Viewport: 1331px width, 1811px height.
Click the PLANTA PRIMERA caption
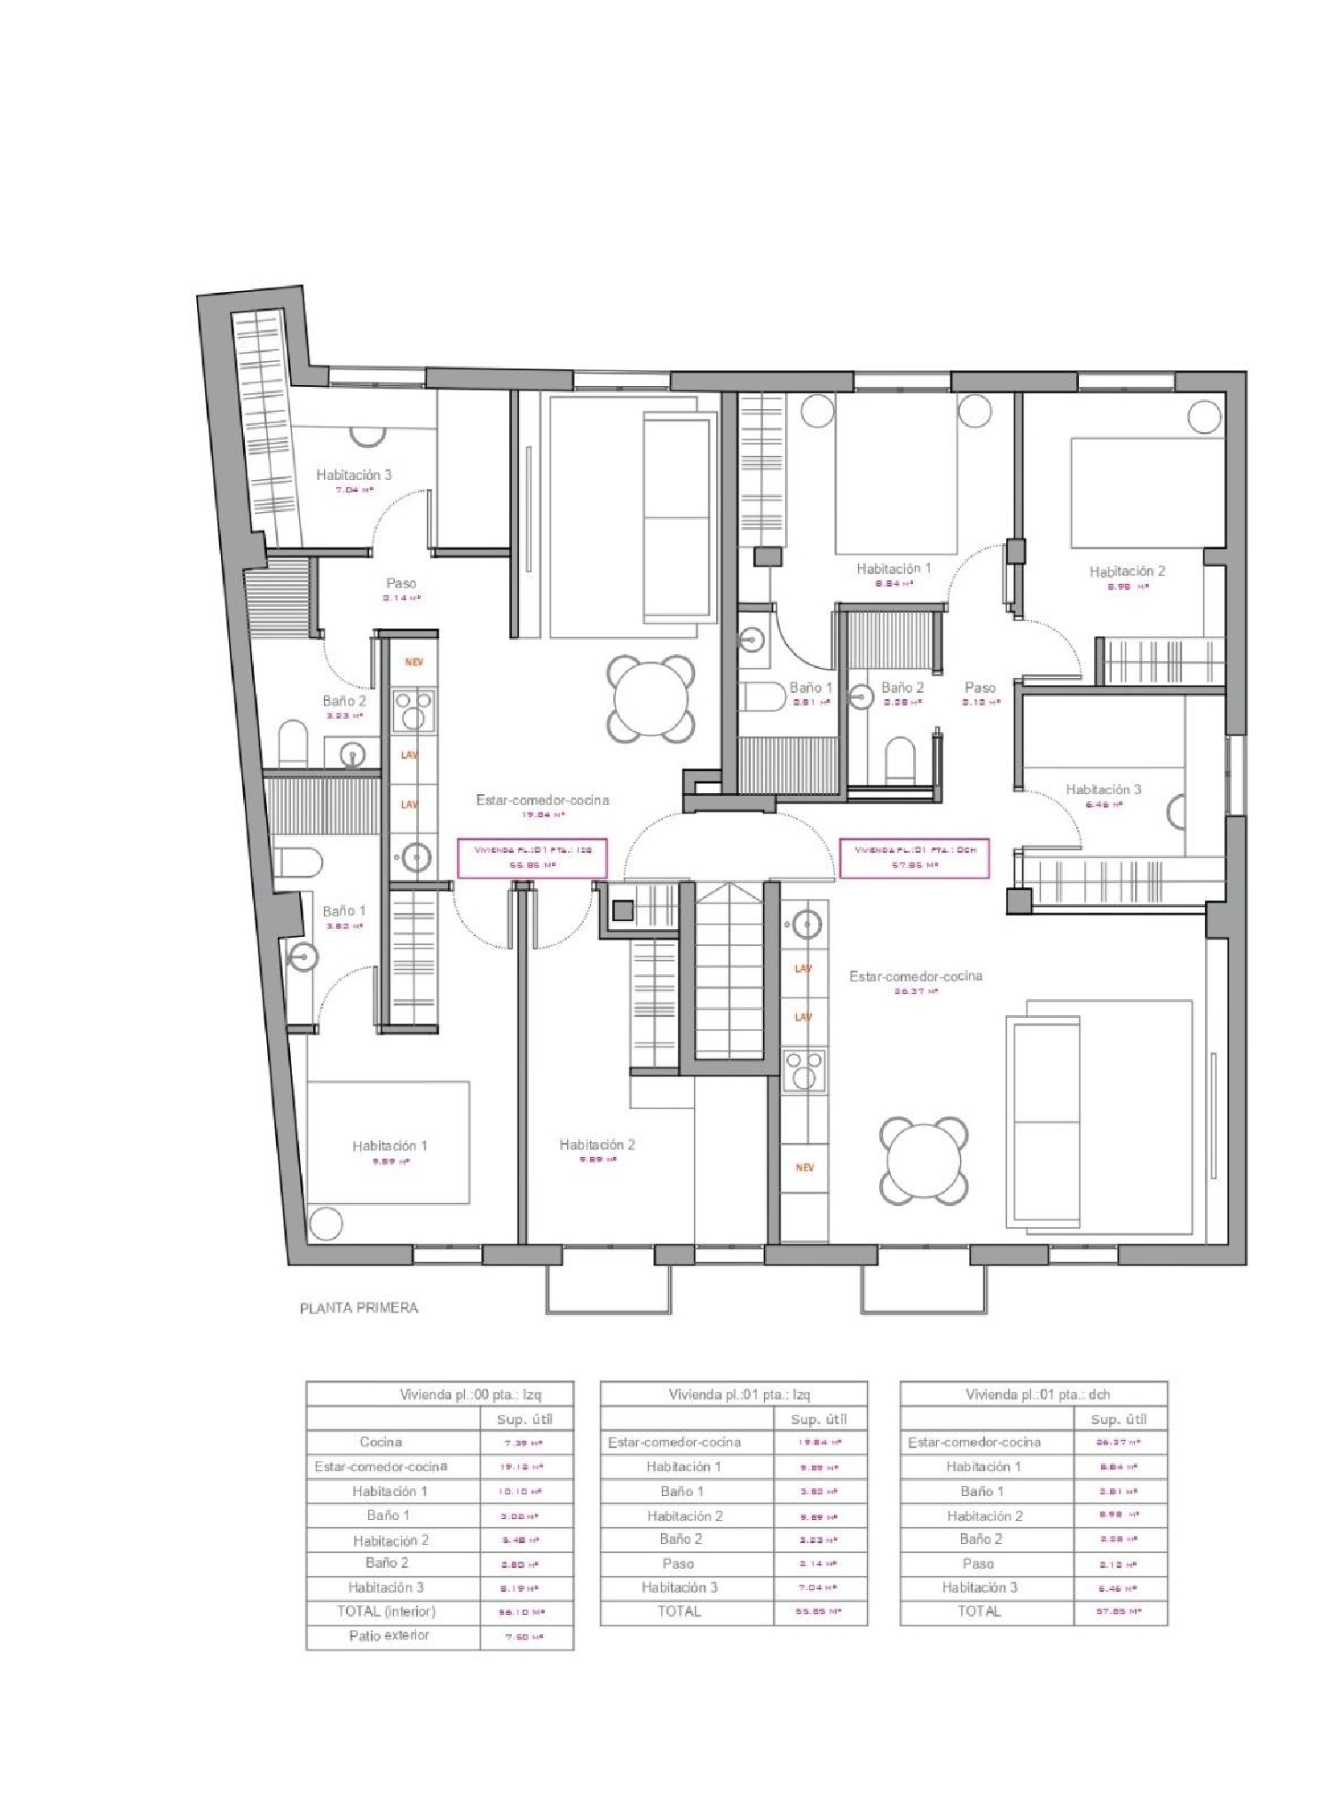pos(358,1308)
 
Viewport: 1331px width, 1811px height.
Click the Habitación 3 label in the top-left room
pos(353,476)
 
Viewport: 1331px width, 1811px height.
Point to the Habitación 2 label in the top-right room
pos(1127,571)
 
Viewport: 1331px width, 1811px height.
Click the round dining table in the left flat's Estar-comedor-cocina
pos(650,699)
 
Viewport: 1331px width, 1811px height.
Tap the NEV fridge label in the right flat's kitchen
pos(804,1168)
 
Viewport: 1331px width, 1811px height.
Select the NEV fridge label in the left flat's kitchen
pos(413,662)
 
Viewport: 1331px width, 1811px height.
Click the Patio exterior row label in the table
pos(389,1635)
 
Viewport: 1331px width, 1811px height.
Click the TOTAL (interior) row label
pos(386,1611)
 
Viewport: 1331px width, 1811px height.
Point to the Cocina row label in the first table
pos(381,1443)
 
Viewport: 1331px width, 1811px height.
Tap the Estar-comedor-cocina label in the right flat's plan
pos(916,976)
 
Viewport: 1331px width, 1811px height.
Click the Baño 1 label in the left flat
pos(343,911)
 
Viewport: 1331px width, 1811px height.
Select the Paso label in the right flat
pos(980,688)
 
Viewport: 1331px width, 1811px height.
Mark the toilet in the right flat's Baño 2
pos(900,760)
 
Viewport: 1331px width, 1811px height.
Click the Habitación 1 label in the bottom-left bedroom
pos(389,1146)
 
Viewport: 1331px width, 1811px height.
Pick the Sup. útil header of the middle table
pos(818,1420)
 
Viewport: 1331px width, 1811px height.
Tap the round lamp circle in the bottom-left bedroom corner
pos(326,1224)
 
